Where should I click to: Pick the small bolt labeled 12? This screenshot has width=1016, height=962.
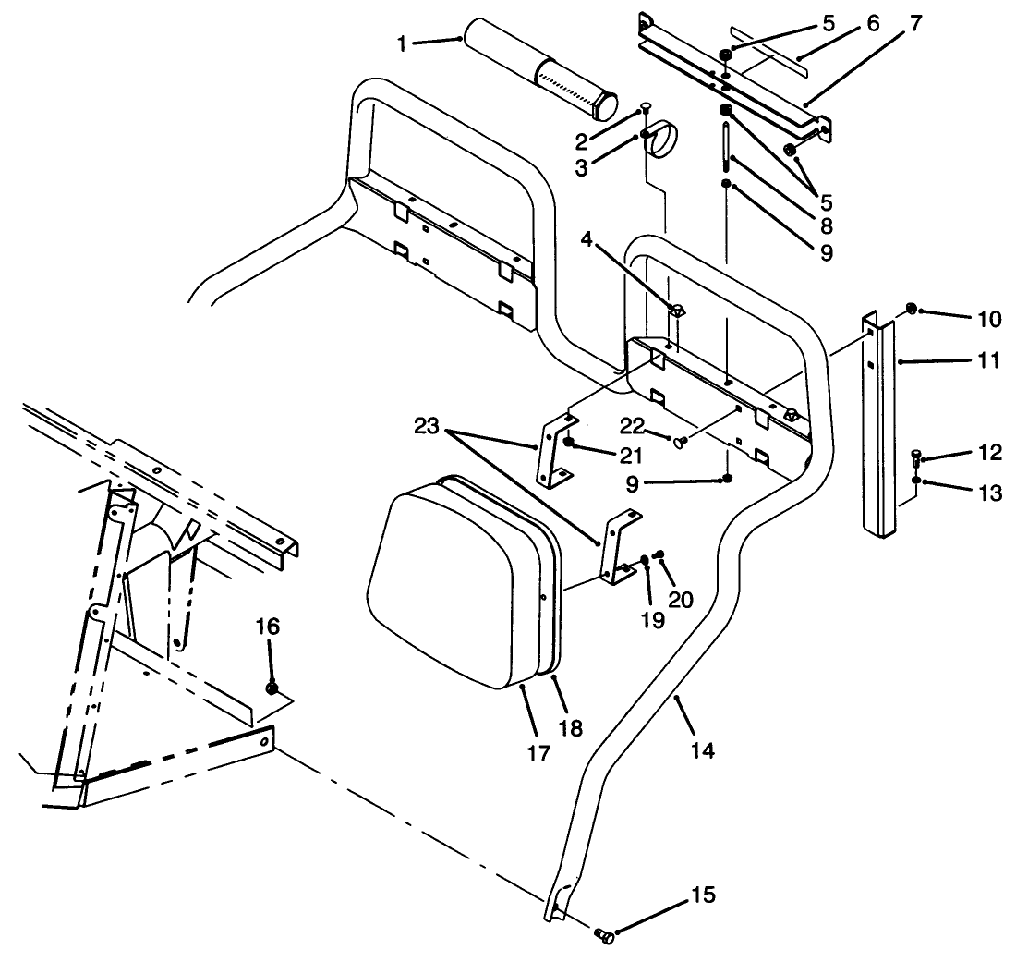tap(914, 457)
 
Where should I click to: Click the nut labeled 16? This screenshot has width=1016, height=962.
tap(272, 688)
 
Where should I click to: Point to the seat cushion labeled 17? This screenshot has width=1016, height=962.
tap(443, 591)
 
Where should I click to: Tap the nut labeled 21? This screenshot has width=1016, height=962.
tap(570, 444)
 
